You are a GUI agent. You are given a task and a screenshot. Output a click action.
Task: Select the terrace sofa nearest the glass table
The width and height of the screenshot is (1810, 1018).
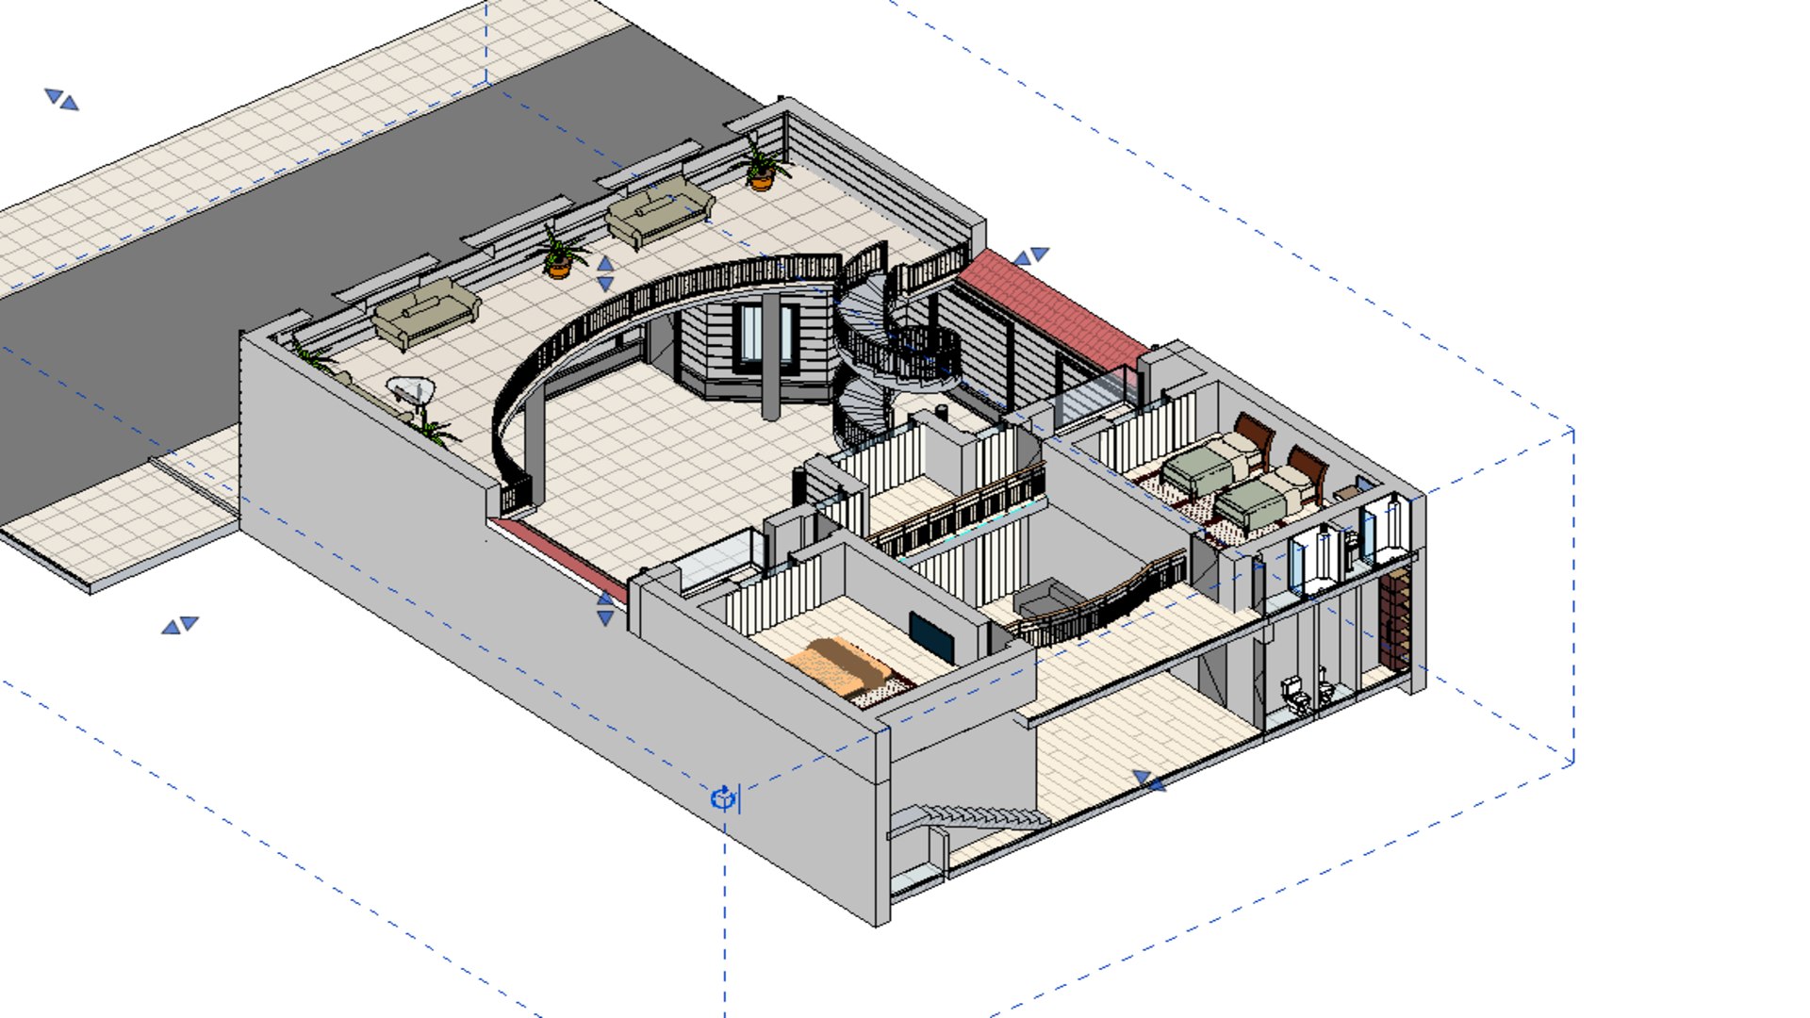426,313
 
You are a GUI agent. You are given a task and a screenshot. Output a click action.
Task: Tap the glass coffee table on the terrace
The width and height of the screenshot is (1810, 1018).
411,388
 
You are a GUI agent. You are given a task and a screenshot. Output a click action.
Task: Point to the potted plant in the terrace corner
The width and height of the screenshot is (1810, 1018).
762,168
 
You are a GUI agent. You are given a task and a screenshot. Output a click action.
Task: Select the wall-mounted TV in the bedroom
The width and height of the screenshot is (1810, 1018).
931,634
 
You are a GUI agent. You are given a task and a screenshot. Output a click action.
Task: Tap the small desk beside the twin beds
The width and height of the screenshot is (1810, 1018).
1347,493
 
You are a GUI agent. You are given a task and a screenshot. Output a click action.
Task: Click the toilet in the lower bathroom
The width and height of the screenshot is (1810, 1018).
1296,696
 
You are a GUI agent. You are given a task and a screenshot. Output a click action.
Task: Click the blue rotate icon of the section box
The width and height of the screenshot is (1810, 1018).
723,799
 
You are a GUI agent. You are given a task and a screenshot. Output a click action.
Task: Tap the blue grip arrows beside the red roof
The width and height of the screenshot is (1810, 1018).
1030,255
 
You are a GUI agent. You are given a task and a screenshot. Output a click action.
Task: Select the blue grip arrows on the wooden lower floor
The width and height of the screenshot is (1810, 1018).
1149,781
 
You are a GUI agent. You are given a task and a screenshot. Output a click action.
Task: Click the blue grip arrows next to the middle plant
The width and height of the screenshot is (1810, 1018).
605,274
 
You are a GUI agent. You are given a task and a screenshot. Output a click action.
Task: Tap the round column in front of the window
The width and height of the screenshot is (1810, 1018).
771,358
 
